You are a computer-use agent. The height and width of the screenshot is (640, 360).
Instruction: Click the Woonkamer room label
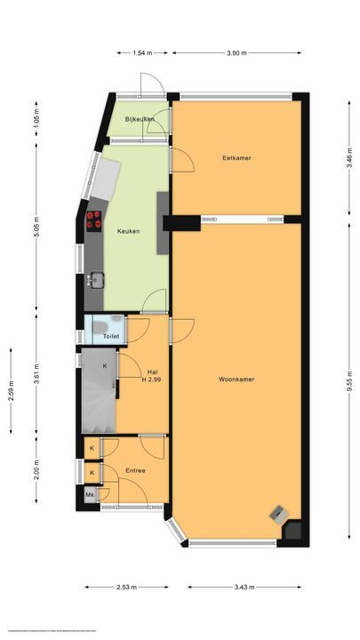click(236, 380)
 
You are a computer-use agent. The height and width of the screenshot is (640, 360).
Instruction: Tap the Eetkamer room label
click(236, 158)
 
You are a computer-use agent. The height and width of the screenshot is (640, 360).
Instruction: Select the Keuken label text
click(128, 231)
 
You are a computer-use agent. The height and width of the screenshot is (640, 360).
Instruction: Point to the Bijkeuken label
click(140, 119)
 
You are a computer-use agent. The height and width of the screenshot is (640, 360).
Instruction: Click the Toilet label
click(111, 337)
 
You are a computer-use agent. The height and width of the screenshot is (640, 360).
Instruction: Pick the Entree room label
click(135, 470)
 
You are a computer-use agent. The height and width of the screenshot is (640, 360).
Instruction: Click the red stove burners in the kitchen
click(92, 220)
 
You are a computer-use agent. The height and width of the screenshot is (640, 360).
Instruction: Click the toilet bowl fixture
click(98, 327)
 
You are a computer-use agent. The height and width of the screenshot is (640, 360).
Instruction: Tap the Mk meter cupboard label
click(91, 494)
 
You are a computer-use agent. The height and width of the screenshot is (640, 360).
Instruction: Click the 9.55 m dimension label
click(350, 380)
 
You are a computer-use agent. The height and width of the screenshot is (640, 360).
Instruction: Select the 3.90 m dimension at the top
click(236, 53)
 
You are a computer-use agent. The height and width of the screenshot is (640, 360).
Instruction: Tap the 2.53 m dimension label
click(124, 587)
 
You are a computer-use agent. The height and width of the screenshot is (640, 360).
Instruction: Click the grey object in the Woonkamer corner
click(279, 513)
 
